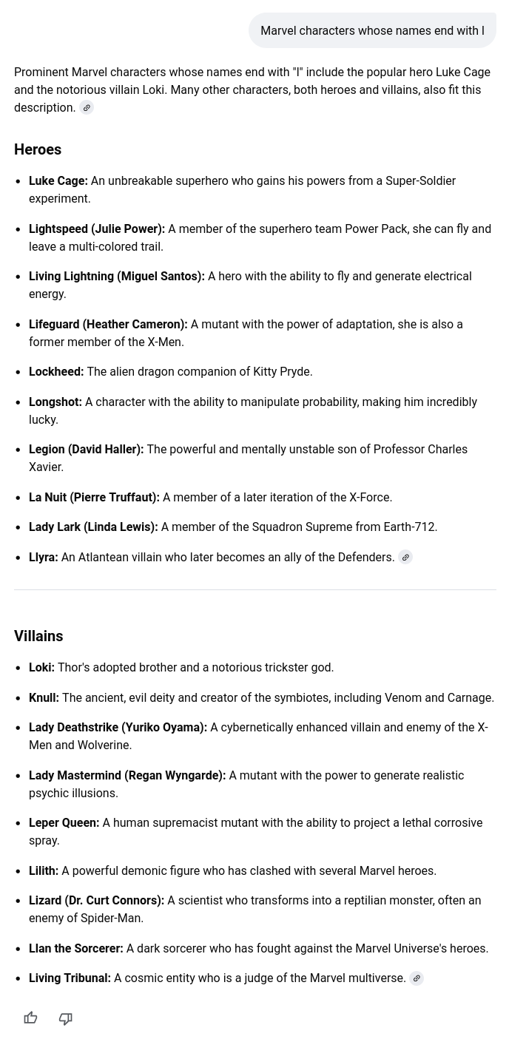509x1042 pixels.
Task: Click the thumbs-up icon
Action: click(30, 1018)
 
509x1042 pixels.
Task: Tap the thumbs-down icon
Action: click(66, 1018)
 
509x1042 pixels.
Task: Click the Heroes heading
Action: click(38, 149)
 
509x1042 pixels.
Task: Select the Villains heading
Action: click(38, 636)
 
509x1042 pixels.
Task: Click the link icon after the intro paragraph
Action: click(87, 108)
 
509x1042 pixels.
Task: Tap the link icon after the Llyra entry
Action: click(405, 558)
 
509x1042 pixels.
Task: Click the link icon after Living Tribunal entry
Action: click(417, 978)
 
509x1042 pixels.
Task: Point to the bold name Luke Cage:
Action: click(58, 181)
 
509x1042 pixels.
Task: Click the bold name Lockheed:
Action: click(56, 372)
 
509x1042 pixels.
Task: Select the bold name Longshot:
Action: click(55, 402)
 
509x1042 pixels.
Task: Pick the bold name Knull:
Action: click(44, 698)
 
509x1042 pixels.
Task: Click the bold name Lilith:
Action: click(44, 871)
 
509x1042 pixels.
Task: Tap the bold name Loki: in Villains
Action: click(41, 668)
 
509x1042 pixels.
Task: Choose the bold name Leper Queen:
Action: click(64, 823)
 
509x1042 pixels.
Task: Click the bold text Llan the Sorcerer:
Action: click(76, 949)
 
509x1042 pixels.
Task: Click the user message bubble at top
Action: click(372, 31)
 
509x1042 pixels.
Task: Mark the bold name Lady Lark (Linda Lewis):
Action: click(93, 527)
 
